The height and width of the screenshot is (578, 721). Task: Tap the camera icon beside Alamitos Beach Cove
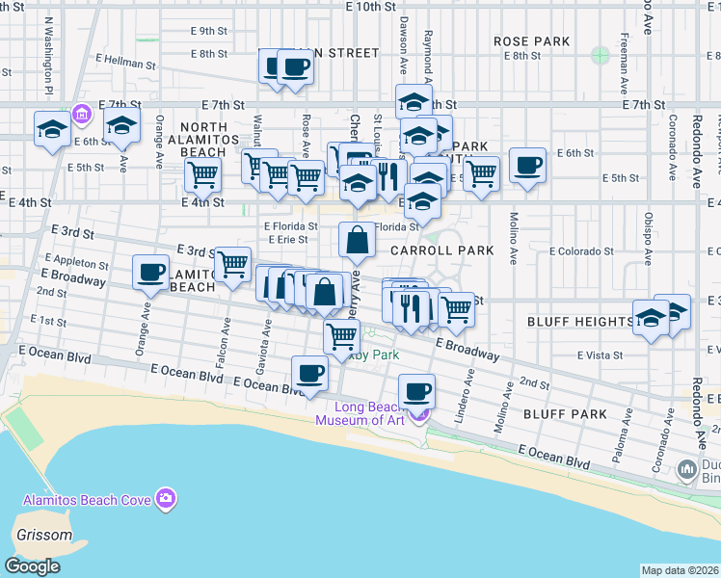(x=167, y=498)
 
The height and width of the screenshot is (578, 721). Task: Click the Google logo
(x=32, y=565)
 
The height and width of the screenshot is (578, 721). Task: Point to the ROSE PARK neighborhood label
(x=531, y=42)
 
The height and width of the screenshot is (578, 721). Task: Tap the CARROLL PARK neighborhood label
(x=442, y=250)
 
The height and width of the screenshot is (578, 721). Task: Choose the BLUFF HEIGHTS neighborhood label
(x=578, y=321)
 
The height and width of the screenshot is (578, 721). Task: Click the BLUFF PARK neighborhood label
(x=565, y=414)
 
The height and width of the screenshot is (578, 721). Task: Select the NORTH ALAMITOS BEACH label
(x=203, y=140)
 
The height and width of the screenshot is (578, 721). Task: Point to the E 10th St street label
(x=352, y=7)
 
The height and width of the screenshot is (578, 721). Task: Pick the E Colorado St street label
(x=581, y=251)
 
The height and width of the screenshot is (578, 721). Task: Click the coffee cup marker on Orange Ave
(x=149, y=272)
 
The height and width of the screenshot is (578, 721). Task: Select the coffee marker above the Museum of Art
(x=415, y=391)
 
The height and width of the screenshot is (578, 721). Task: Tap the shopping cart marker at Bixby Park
(x=341, y=337)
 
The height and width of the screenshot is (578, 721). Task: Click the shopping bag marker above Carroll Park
(x=357, y=240)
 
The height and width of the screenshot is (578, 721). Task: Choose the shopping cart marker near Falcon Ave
(x=231, y=264)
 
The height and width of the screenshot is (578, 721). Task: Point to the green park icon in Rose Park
(x=601, y=55)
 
